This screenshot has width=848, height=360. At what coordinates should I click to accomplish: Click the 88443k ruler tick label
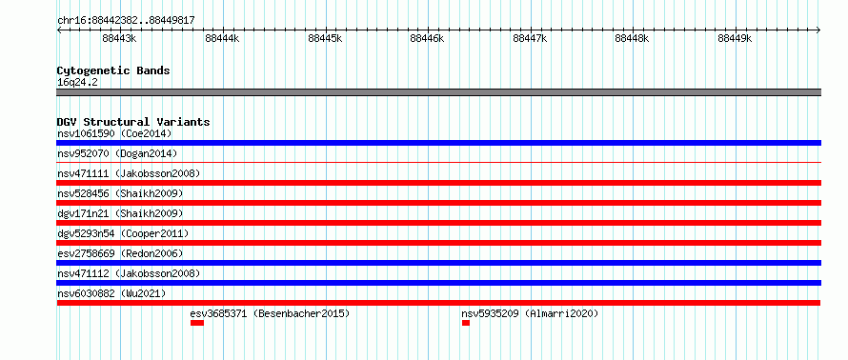[119, 38]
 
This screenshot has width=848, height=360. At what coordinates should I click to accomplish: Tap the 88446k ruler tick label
[427, 38]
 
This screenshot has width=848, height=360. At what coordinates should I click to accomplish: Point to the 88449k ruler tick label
[735, 38]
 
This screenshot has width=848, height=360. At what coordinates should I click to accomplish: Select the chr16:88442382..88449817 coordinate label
[126, 21]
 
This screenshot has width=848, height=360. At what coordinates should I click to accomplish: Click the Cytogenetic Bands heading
[113, 70]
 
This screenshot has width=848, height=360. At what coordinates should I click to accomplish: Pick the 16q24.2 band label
[77, 83]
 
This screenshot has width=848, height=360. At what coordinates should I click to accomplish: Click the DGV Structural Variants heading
[133, 122]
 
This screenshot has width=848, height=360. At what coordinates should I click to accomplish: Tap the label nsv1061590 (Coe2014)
[114, 133]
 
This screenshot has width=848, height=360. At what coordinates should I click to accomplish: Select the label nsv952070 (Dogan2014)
[117, 153]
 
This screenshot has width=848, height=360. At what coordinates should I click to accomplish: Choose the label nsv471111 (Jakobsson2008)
[129, 173]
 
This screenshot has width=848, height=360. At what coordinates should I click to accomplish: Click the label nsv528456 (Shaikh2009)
[120, 193]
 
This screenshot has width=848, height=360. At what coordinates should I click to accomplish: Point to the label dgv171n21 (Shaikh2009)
[120, 213]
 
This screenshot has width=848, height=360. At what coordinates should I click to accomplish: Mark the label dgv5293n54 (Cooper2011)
[123, 233]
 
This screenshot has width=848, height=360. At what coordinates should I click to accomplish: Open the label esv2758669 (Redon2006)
[120, 253]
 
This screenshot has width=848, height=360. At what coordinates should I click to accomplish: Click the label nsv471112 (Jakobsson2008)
[129, 273]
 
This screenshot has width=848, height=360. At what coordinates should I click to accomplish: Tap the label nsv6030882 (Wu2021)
[111, 293]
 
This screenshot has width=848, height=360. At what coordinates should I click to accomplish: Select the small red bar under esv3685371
[197, 323]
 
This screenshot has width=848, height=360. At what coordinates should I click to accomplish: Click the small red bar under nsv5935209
[466, 323]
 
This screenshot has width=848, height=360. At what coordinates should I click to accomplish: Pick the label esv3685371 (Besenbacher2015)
[271, 313]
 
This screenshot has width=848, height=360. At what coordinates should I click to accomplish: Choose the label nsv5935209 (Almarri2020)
[530, 313]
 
